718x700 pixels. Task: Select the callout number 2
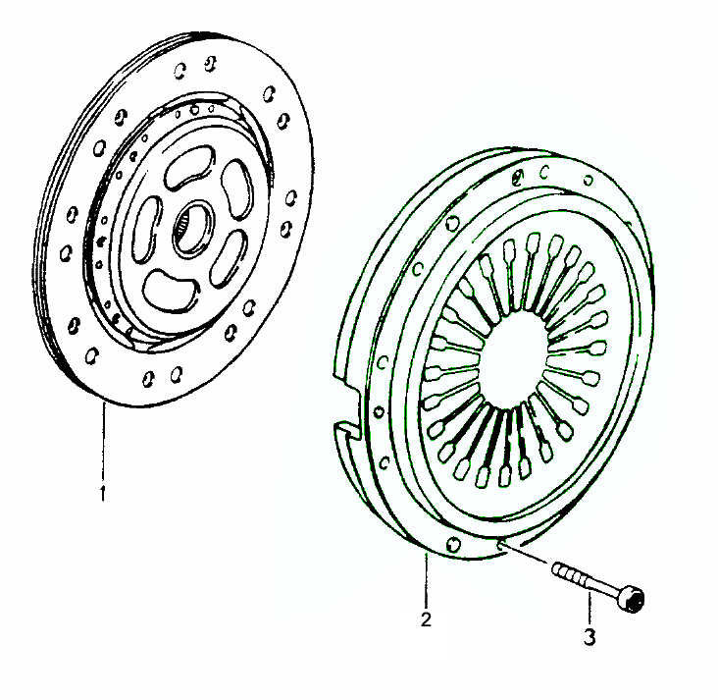[426, 619]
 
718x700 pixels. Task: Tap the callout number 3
[590, 637]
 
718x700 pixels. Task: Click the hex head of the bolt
[631, 598]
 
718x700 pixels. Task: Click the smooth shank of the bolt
[600, 586]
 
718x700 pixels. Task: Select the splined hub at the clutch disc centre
[192, 228]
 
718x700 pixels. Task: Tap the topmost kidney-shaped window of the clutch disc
[189, 167]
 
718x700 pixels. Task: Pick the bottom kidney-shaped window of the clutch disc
[170, 292]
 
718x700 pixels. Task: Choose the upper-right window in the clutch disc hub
[237, 188]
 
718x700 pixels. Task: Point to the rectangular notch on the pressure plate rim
[345, 407]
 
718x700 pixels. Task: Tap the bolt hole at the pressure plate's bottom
[453, 544]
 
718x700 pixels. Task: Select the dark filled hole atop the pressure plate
[518, 177]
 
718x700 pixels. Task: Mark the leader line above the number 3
[590, 610]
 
